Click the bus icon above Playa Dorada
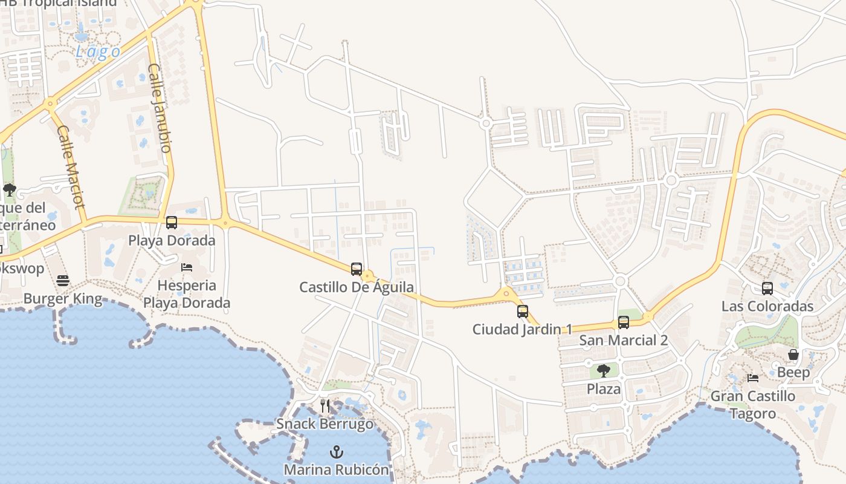click(172, 223)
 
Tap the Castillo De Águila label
click(357, 287)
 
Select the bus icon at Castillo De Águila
click(357, 269)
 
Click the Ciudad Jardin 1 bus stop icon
click(523, 312)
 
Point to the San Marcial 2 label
click(623, 340)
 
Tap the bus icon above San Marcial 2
click(624, 322)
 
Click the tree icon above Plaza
click(603, 371)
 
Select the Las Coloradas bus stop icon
click(767, 289)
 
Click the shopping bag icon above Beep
click(793, 355)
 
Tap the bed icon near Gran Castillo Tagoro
click(753, 378)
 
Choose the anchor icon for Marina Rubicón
click(337, 452)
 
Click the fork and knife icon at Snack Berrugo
click(325, 405)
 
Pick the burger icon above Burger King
click(63, 281)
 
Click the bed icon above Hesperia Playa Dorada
click(187, 267)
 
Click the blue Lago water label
click(98, 52)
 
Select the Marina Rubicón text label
click(337, 469)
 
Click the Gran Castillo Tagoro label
click(753, 405)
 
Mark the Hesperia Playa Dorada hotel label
click(187, 294)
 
